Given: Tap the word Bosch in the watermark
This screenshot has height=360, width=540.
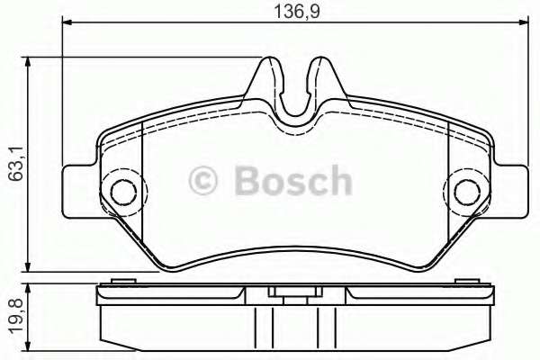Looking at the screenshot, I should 292,181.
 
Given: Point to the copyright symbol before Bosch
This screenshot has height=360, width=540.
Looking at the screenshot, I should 204,182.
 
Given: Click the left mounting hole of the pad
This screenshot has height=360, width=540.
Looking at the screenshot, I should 119,191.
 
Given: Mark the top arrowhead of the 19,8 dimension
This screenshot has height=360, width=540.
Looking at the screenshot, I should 31,288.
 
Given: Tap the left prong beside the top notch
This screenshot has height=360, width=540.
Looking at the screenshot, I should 267,72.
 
